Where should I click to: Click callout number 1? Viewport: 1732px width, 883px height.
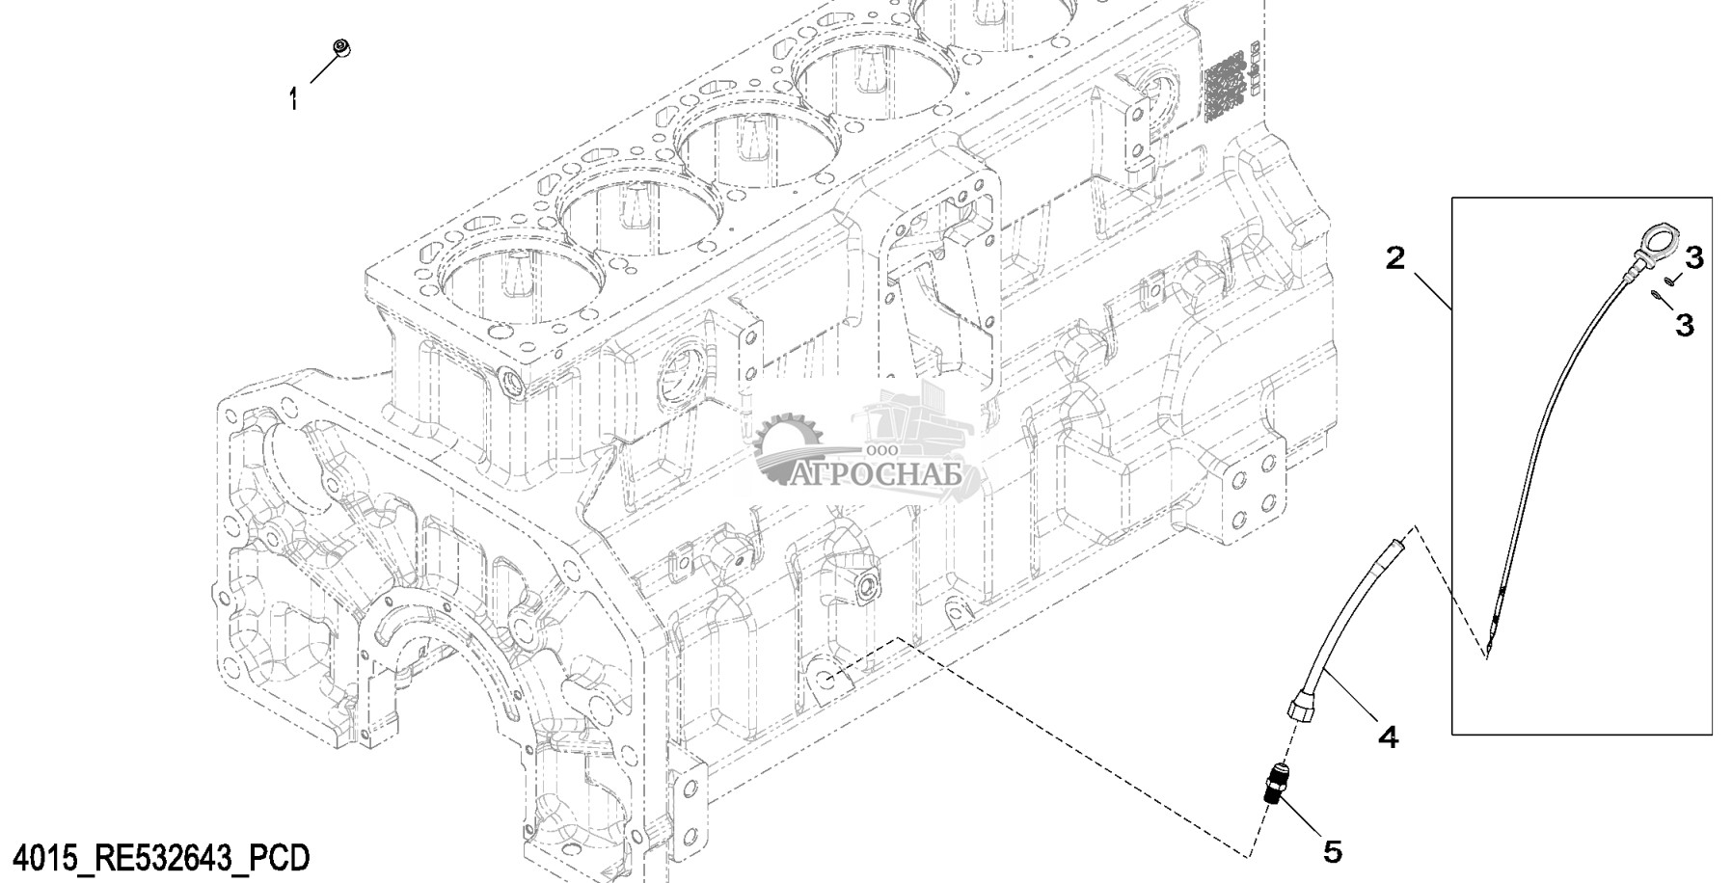click(294, 98)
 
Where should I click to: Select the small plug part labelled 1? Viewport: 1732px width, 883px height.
click(340, 47)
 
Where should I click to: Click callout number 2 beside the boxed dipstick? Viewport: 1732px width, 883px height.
click(1394, 258)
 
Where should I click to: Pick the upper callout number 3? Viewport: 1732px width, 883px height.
click(1693, 257)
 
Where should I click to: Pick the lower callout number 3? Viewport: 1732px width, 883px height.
click(1684, 326)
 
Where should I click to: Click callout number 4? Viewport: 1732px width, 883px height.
click(1387, 737)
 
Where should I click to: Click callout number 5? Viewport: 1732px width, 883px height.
click(1332, 851)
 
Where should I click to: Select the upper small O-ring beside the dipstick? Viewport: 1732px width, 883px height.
click(1666, 281)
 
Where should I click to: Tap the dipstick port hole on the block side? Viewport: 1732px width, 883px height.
click(827, 677)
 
